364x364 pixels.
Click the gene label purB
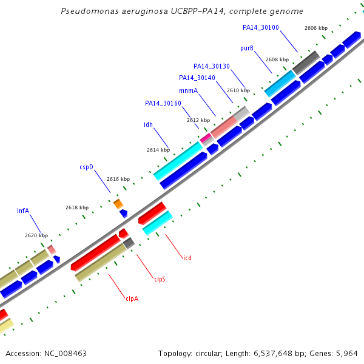(247, 49)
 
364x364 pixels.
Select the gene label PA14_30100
(261, 28)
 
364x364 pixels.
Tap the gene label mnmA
(188, 90)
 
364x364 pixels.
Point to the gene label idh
(149, 124)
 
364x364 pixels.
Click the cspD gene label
(86, 167)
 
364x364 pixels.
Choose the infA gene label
(23, 211)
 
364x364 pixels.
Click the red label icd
(187, 258)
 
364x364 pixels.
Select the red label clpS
(160, 279)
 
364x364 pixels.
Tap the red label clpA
(132, 298)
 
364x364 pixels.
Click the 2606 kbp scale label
(316, 28)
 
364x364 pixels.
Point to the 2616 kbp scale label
(118, 179)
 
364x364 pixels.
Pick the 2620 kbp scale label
(36, 235)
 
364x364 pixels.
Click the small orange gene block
(118, 204)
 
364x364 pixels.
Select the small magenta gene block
(206, 138)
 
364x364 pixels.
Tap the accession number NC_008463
(66, 354)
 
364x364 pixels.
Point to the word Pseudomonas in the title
(90, 11)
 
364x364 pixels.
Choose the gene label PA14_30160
(163, 103)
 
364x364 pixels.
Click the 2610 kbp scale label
(238, 90)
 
